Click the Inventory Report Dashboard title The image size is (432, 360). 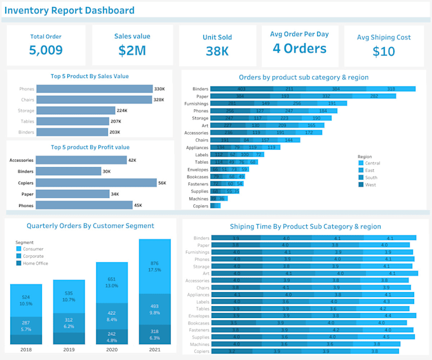point(70,10)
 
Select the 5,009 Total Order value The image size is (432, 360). point(46,50)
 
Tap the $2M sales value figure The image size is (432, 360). point(132,51)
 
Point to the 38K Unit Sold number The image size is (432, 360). point(217,51)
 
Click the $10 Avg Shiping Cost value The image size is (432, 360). point(384,51)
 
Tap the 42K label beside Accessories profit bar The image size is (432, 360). point(132,161)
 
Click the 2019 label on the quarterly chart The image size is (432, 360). point(69,349)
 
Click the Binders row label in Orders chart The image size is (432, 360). point(200,90)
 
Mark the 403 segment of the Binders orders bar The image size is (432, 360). point(241,90)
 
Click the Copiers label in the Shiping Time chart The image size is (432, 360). point(201,351)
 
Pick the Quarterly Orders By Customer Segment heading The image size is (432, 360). point(90,225)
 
